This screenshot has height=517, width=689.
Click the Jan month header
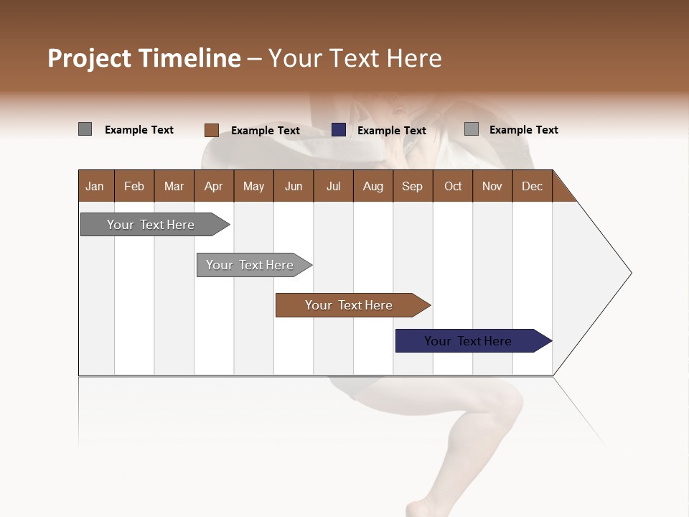pyautogui.click(x=95, y=186)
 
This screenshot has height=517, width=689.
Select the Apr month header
pyautogui.click(x=213, y=186)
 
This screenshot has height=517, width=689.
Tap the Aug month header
pyautogui.click(x=372, y=186)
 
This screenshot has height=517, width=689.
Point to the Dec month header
pyautogui.click(x=532, y=186)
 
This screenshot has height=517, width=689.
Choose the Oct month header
pyautogui.click(x=453, y=186)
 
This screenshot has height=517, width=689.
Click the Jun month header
pyautogui.click(x=294, y=186)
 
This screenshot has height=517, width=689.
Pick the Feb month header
pyautogui.click(x=134, y=186)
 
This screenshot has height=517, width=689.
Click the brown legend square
pyautogui.click(x=211, y=130)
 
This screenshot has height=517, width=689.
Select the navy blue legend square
pyautogui.click(x=339, y=130)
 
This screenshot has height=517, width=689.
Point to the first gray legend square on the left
pyautogui.click(x=85, y=129)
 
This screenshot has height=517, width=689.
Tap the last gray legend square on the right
pyautogui.click(x=472, y=129)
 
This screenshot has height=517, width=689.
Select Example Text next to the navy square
pyautogui.click(x=391, y=131)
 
